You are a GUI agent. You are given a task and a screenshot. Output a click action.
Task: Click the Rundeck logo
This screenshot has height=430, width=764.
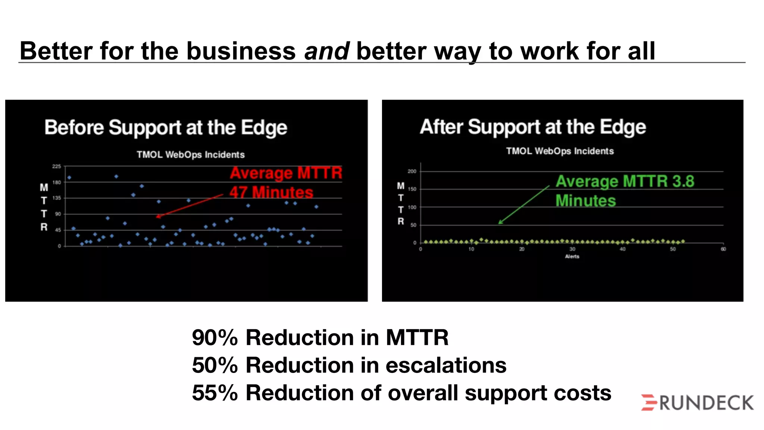[x=697, y=402]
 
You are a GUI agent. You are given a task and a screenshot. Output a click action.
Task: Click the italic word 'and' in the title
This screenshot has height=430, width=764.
[x=326, y=51]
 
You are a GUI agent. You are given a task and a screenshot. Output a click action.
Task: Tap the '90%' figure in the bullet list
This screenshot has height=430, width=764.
[x=215, y=337]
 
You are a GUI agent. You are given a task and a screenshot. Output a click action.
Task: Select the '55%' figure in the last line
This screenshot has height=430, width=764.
[x=215, y=393]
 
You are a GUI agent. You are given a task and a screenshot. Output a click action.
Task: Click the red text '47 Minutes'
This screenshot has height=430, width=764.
[x=271, y=192]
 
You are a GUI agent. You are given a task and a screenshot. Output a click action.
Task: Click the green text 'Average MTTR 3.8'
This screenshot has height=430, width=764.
[x=625, y=181]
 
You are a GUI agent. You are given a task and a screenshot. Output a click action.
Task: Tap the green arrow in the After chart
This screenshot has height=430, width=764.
[x=524, y=205]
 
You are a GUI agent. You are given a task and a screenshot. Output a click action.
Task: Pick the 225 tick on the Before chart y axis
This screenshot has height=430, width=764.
[x=56, y=166]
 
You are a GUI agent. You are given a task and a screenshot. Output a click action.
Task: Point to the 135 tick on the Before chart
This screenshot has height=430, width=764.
[x=56, y=198]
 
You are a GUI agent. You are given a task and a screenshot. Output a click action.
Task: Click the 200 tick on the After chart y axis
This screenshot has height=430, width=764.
[x=412, y=171]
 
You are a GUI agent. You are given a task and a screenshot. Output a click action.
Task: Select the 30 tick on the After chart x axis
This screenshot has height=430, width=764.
[x=572, y=249]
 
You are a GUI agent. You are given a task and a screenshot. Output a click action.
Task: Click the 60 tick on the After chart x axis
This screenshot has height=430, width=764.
[x=723, y=249]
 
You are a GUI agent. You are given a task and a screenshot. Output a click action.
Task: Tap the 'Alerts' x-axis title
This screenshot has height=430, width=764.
[x=572, y=256]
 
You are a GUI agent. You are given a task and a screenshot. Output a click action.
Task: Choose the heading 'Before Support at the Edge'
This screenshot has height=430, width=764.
[x=166, y=128]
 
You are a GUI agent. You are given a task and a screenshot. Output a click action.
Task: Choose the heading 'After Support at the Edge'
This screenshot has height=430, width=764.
[x=533, y=127]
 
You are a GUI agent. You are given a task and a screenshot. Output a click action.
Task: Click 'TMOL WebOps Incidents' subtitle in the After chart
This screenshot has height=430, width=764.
[x=560, y=151]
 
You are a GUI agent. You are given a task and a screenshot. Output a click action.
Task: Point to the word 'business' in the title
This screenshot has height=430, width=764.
[x=241, y=51]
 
